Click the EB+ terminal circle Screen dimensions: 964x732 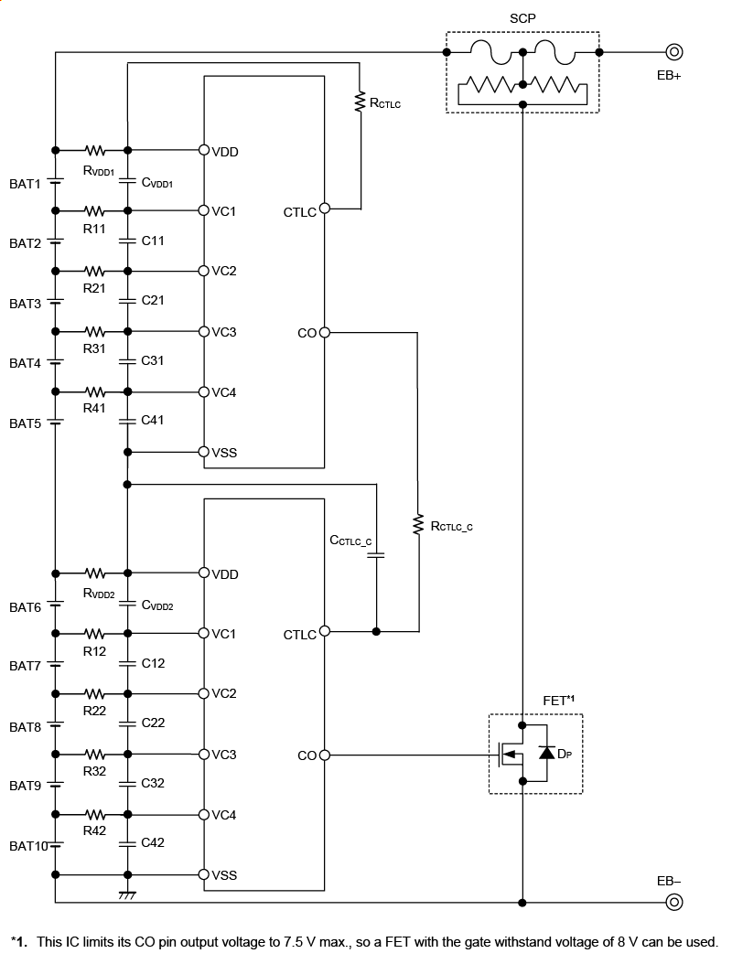(674, 53)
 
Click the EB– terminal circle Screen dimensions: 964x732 (674, 903)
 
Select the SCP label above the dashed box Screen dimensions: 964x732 (522, 18)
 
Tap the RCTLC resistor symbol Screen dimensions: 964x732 (361, 102)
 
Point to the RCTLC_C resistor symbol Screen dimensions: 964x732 (418, 525)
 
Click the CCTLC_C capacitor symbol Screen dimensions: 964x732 (376, 554)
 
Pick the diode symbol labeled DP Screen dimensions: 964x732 (546, 754)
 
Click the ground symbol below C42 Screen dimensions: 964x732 (127, 894)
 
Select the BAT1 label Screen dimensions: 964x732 (26, 184)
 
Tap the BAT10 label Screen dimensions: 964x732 (28, 846)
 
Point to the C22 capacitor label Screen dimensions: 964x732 (153, 723)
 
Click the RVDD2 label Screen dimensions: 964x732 (98, 592)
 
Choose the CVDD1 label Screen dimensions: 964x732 (157, 183)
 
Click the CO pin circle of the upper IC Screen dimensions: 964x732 (324, 333)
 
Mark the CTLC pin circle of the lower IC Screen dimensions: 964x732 (324, 631)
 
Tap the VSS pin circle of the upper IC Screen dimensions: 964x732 (204, 452)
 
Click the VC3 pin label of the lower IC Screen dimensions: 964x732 (224, 755)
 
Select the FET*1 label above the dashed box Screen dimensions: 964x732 (558, 701)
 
